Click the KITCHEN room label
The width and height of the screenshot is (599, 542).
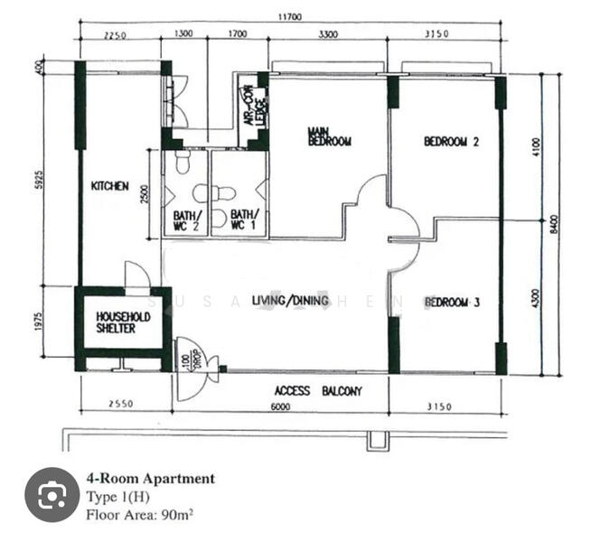point(110,186)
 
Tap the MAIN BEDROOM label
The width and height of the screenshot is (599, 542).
point(329,136)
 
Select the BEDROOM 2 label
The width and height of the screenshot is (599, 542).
point(451,142)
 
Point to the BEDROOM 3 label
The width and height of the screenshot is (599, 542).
point(452,302)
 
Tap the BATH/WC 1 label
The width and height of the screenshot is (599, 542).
point(241,221)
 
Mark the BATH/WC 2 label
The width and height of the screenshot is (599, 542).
point(187,221)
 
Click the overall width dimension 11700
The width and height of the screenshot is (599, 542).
point(293,16)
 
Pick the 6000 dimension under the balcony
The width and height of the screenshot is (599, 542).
point(281,407)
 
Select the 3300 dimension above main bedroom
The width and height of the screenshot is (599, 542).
point(328,35)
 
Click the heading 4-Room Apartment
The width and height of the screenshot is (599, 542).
point(150,479)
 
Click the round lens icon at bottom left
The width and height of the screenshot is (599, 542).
point(51,494)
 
